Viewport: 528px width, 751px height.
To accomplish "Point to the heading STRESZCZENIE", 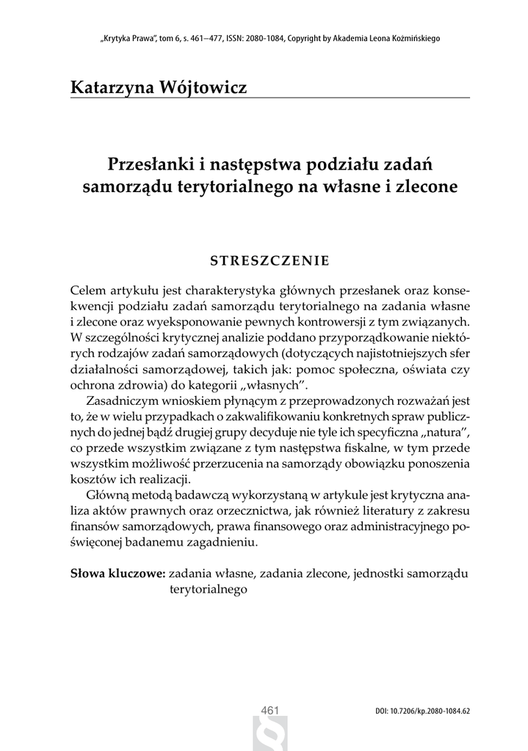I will point(270,260).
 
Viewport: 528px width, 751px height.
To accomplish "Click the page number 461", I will point(270,710).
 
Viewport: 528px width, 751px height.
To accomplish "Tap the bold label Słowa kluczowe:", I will point(117,573).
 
